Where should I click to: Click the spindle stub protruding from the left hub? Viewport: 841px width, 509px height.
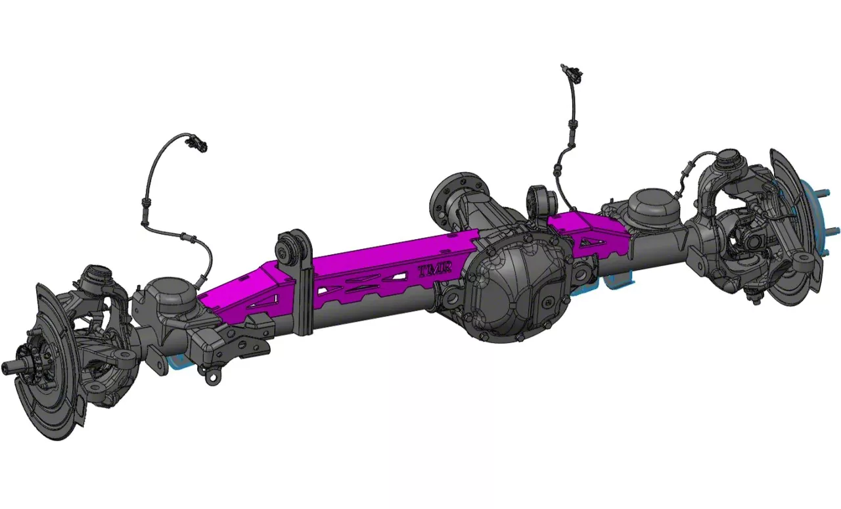[14, 365]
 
